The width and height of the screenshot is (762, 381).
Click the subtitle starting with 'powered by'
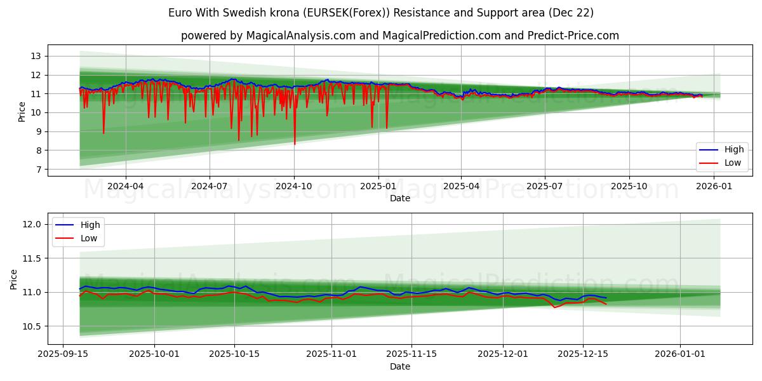tap(399, 36)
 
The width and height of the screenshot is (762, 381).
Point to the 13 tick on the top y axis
tap(35, 56)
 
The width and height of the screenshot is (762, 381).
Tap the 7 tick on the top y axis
tap(37, 170)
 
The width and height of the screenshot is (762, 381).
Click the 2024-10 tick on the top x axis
tap(293, 186)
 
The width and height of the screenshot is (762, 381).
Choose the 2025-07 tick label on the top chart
tap(544, 186)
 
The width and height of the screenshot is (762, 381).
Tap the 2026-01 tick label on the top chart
tap(714, 186)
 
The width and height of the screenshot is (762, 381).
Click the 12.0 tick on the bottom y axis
tap(32, 224)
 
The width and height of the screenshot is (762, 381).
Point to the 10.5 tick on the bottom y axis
tap(32, 326)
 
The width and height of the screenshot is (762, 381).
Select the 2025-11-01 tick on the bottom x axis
tap(331, 354)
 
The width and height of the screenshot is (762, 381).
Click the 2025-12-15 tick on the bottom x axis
tap(583, 354)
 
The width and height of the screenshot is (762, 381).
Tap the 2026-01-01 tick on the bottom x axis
tap(680, 354)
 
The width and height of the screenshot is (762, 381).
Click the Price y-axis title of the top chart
tap(22, 112)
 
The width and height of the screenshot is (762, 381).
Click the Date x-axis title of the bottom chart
tap(399, 366)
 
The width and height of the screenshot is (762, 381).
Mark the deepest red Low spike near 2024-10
tap(295, 144)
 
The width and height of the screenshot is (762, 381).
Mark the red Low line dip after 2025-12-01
tap(554, 307)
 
